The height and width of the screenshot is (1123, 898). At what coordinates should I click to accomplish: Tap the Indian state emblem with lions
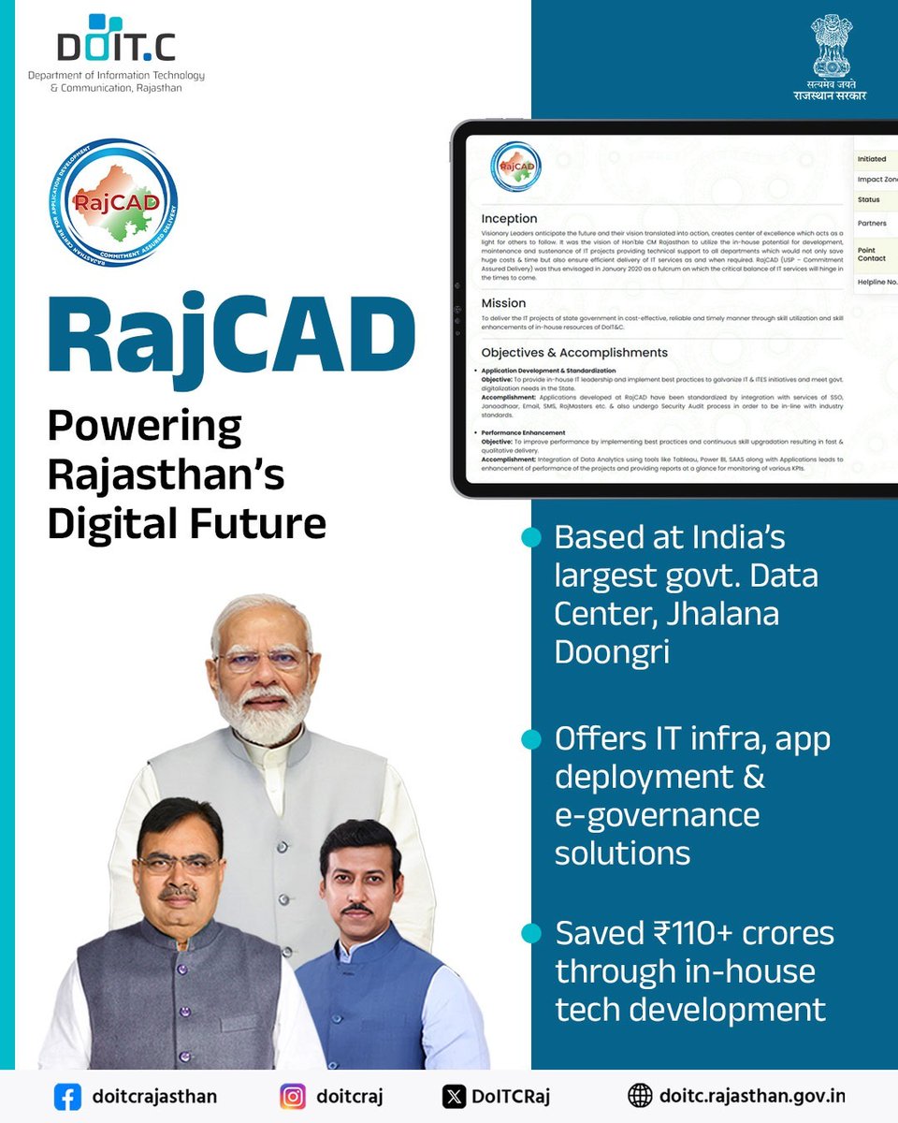coord(830,44)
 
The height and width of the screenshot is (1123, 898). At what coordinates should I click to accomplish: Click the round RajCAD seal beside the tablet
coord(113,204)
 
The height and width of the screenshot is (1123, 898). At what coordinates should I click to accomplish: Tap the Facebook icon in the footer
coord(66,1096)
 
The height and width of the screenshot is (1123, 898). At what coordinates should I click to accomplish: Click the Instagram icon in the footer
coord(294,1096)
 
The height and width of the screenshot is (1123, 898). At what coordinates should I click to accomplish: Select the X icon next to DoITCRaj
coord(453,1096)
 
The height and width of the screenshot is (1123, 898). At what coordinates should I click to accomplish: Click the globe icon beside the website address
coord(640,1096)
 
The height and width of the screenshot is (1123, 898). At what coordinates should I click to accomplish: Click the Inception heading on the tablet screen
coord(509,218)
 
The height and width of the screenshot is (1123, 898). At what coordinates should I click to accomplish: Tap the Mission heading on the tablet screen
coord(503,303)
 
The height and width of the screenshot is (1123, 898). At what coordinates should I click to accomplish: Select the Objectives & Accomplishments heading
coord(573,353)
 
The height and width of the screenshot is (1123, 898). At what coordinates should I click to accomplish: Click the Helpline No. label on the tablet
coord(877,281)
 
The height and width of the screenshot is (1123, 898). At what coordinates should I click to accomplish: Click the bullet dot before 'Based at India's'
coord(531,537)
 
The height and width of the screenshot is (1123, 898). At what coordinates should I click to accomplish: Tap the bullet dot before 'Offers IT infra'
coord(531,739)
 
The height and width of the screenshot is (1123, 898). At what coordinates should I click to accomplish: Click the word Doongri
coord(612,652)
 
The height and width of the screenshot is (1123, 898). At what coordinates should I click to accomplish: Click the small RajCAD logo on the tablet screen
coord(516,168)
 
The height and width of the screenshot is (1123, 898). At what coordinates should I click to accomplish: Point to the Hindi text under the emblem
coord(830,90)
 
